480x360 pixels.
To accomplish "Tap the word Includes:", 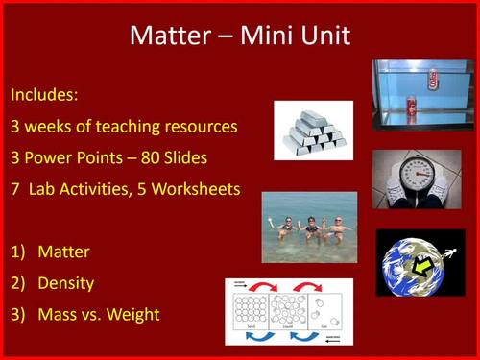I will point(44,96).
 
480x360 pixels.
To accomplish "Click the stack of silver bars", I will point(313,132).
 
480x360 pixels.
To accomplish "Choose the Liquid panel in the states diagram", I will point(289,312).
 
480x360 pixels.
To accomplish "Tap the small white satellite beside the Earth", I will point(456,247).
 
